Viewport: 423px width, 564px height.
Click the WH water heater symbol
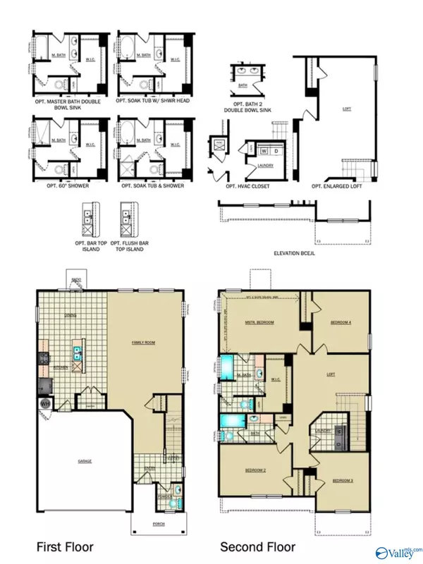coord(44,404)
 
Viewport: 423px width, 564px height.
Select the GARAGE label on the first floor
coord(85,461)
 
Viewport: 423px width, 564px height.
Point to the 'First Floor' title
coord(64,546)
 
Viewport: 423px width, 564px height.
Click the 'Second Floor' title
coord(257,546)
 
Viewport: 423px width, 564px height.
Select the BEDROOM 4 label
coord(341,323)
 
